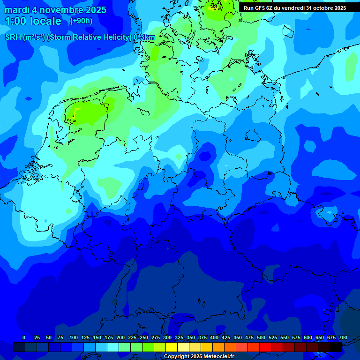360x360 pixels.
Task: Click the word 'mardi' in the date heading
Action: coord(17,10)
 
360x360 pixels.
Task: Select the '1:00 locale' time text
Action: coord(33,21)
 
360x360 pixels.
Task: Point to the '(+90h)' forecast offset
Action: coord(81,21)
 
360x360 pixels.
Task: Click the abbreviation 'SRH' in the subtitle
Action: coord(13,37)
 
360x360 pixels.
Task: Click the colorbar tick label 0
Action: coord(24,337)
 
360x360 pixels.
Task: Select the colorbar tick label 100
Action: coord(74,337)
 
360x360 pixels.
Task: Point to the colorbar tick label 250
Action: coord(144,337)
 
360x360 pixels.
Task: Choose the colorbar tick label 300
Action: coord(167,337)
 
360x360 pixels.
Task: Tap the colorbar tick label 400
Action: coord(214,337)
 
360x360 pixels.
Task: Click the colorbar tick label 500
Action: coord(261,337)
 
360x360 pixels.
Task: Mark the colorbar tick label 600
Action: coord(308,337)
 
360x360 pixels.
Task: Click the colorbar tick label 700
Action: coord(343,337)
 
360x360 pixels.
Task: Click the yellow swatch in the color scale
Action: coord(172,347)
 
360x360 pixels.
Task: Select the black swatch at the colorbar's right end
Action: coord(336,347)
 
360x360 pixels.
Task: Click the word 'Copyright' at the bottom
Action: coord(177,357)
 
